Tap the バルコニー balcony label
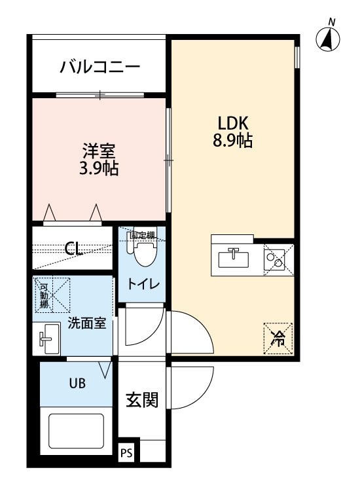[x=100, y=67]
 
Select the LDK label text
[x=233, y=123]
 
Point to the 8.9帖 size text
[x=233, y=140]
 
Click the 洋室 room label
[x=99, y=151]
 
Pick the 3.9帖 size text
[x=99, y=168]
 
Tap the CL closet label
[x=73, y=249]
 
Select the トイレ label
[x=143, y=283]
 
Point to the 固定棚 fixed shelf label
[x=143, y=235]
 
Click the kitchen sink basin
[x=234, y=259]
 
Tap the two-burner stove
[x=274, y=259]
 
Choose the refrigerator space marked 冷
[x=278, y=338]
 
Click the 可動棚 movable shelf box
[x=52, y=295]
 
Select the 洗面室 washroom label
[x=87, y=323]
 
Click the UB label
[x=77, y=383]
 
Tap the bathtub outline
[x=76, y=431]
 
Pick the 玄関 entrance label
[x=142, y=400]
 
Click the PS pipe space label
[x=127, y=453]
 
